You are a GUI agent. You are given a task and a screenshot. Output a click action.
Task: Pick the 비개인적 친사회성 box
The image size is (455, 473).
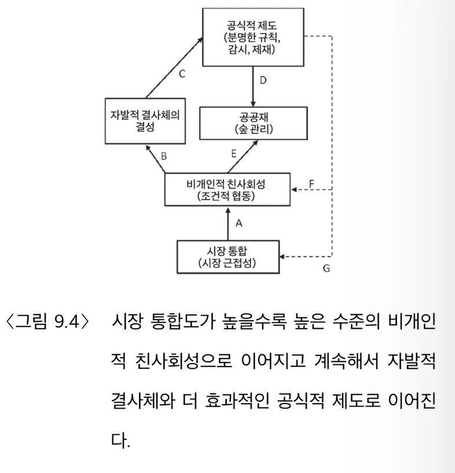pos(226,188)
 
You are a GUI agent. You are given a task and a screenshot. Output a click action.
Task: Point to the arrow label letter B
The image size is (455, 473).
pos(164,155)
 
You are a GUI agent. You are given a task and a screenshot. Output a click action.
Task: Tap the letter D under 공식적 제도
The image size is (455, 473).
pos(263,80)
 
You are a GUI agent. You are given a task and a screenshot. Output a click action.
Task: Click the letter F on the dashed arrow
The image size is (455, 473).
pos(311,183)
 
